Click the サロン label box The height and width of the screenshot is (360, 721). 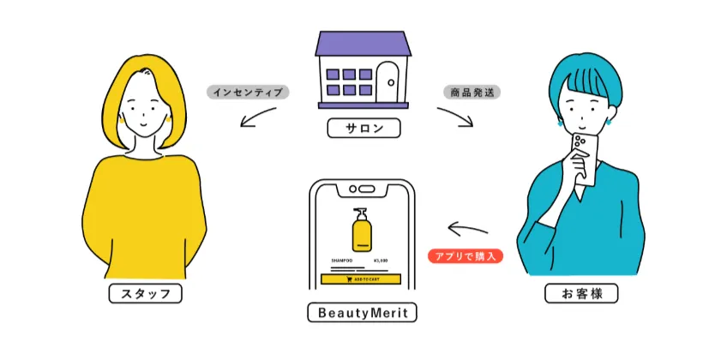360,129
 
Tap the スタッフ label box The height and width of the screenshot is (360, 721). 147,294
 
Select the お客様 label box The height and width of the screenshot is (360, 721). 580,294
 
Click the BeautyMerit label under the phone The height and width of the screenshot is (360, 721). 362,313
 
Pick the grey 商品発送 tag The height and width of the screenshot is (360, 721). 472,91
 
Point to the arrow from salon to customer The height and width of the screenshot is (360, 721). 455,117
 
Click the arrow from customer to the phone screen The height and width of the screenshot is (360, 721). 466,230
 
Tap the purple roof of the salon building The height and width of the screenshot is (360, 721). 360,45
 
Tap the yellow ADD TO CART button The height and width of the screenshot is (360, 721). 361,279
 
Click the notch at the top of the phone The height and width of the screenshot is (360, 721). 361,188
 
